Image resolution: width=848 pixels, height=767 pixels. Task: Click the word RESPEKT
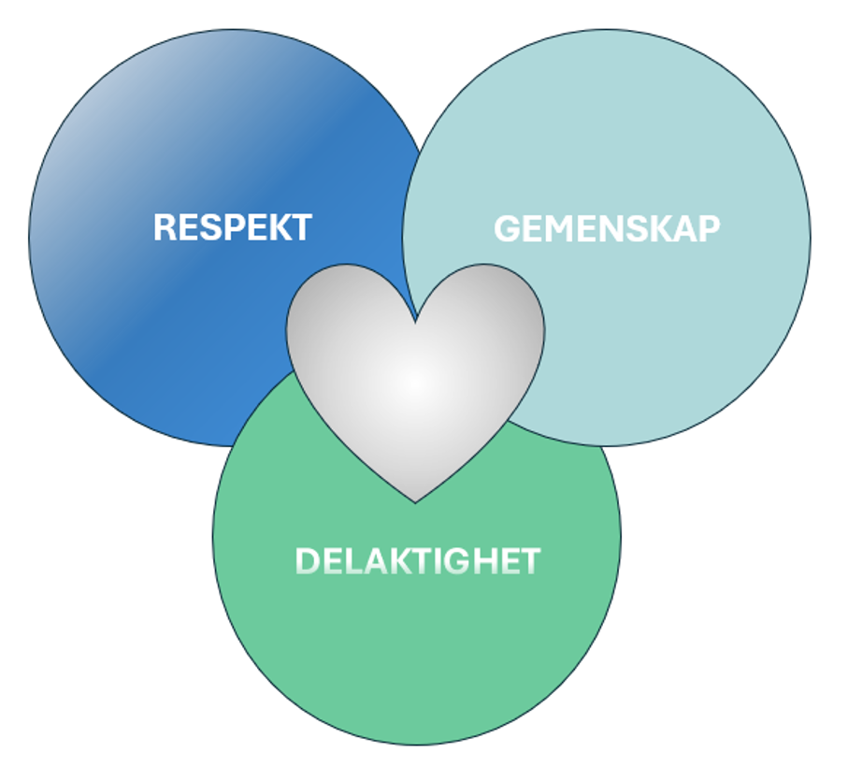point(232,227)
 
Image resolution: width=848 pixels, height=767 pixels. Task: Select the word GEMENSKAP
point(607,229)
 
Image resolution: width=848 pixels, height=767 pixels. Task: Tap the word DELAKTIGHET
point(418,561)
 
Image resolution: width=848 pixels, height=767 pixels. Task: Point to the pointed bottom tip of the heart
point(416,500)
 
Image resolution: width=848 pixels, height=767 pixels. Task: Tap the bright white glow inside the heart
point(416,383)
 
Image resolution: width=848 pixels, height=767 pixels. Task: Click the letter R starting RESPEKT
point(165,227)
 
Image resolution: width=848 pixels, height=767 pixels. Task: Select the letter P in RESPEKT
point(230,227)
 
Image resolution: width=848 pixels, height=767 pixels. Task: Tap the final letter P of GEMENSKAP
point(710,229)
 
